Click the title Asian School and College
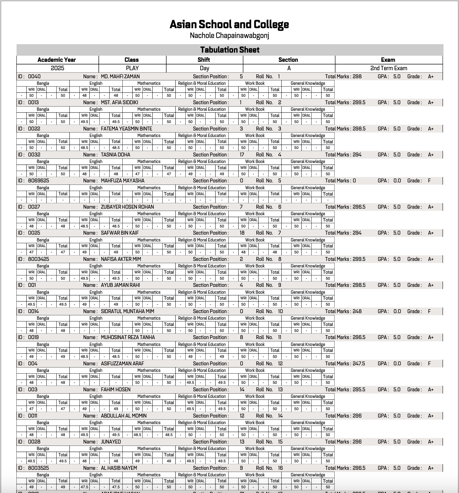[229, 24]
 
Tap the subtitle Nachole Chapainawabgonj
[229, 36]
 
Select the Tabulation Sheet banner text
[230, 50]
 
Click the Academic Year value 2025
[57, 68]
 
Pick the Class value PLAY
[132, 68]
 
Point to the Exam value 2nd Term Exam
[389, 68]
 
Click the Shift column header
[204, 60]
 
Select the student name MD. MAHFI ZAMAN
[120, 77]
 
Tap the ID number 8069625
[38, 181]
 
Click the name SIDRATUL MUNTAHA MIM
[127, 312]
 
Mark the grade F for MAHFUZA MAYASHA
[429, 181]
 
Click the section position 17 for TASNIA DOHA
[242, 155]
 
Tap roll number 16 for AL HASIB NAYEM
[280, 468]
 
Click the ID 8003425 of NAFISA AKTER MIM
[38, 259]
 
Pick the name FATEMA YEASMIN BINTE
[127, 129]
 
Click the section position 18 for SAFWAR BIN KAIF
[242, 233]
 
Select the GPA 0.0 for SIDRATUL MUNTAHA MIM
[397, 312]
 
